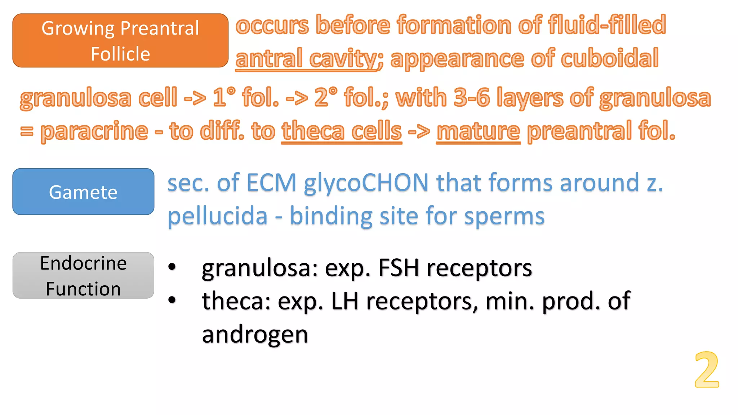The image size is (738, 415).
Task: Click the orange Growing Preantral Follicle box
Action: (120, 40)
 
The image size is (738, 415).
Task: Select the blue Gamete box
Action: (83, 192)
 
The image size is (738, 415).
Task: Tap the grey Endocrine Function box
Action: (83, 276)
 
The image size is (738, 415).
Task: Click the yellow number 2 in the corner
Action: (707, 370)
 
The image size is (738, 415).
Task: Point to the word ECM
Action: (271, 183)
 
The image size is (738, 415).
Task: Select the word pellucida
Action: (218, 216)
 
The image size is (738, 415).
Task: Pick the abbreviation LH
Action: (344, 301)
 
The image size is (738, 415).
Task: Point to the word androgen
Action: (255, 334)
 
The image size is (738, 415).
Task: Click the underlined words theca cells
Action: (342, 131)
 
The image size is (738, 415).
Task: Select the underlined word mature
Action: (478, 131)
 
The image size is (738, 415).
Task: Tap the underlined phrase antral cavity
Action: (307, 59)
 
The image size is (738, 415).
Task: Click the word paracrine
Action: (94, 131)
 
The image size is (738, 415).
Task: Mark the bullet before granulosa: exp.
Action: (172, 267)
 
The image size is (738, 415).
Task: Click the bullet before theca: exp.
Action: (172, 300)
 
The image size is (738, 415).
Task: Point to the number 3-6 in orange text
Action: (472, 98)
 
